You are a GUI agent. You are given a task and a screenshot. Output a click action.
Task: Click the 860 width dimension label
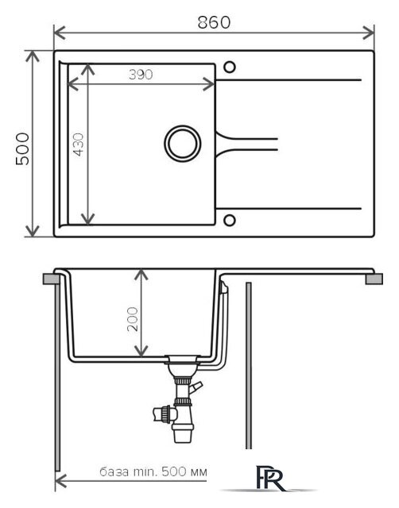click(214, 22)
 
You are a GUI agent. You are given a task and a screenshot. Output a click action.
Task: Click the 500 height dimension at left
click(22, 148)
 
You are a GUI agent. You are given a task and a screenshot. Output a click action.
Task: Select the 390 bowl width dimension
click(141, 75)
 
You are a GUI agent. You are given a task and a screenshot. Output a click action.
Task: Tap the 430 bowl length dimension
click(79, 144)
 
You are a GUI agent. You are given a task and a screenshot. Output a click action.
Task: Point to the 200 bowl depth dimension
click(133, 319)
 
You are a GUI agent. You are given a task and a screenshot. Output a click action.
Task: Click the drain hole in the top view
click(182, 144)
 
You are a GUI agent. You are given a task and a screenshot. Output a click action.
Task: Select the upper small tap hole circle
click(230, 67)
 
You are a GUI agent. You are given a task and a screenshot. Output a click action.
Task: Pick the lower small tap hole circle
click(230, 221)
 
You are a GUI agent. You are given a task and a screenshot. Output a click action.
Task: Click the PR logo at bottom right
click(270, 478)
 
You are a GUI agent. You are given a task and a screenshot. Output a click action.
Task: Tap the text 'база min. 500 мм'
click(153, 471)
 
